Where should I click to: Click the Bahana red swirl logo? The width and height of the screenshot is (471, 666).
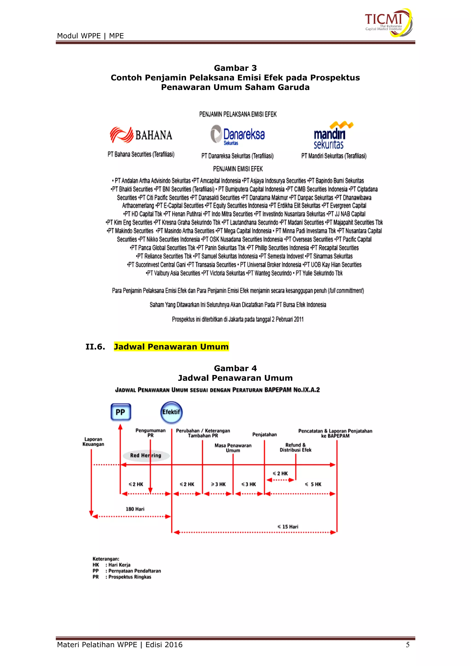(121, 135)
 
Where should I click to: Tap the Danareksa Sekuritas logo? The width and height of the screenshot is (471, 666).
(238, 135)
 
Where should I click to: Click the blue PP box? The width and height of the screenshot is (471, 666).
(121, 412)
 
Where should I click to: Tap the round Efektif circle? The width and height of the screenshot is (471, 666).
(171, 412)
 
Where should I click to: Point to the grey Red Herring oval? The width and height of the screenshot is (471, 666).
(146, 455)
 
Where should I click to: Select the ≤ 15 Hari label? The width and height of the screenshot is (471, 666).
(288, 526)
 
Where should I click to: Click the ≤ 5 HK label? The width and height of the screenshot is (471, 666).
(313, 484)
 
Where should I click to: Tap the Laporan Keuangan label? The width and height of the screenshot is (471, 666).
(93, 442)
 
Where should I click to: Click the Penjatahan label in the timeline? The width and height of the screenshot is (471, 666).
(264, 434)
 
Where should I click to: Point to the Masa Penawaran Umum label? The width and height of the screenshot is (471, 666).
(233, 448)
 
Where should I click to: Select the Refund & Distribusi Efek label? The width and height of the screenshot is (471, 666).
(295, 447)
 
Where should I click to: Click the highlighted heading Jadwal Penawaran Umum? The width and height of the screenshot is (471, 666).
(171, 347)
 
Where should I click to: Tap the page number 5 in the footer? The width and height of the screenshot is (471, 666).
(408, 645)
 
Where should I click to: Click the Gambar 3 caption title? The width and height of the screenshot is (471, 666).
(235, 68)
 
